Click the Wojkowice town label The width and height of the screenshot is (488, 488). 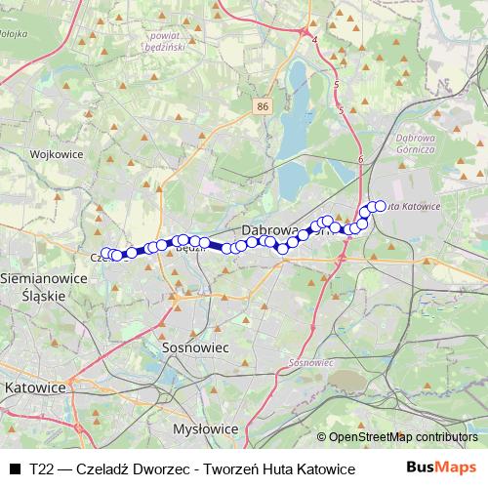pyautogui.click(x=53, y=154)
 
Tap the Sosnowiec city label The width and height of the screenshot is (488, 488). pyautogui.click(x=194, y=347)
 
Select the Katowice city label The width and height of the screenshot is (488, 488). pyautogui.click(x=35, y=387)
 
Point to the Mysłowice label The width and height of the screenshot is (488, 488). pyautogui.click(x=205, y=428)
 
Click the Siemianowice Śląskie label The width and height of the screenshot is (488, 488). pyautogui.click(x=33, y=286)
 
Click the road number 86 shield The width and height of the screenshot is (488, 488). pyautogui.click(x=264, y=105)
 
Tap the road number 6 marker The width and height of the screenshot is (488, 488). pyautogui.click(x=360, y=158)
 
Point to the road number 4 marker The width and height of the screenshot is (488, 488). pyautogui.click(x=315, y=40)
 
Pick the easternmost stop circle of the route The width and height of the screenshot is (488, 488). pyautogui.click(x=381, y=206)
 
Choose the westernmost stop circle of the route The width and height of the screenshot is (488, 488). pyautogui.click(x=106, y=253)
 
